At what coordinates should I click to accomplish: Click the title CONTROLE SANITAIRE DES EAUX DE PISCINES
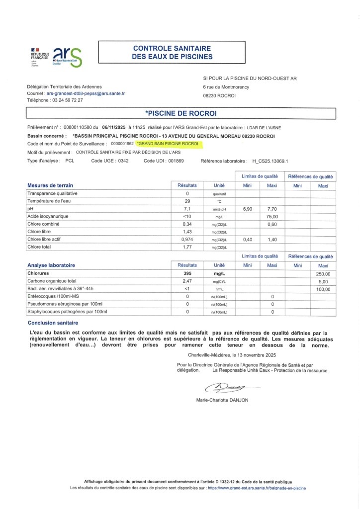[x=172, y=52]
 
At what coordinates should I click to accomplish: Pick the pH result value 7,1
[x=187, y=209]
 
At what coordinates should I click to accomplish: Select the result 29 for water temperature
[x=187, y=201]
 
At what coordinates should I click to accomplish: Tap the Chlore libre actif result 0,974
[x=187, y=239]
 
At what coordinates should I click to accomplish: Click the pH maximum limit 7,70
[x=272, y=209]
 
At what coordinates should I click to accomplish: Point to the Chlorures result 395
[x=187, y=273]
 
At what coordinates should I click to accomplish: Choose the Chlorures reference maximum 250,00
[x=323, y=273]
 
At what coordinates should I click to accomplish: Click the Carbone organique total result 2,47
[x=187, y=281]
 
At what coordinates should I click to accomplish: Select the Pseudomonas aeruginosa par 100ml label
[x=65, y=304]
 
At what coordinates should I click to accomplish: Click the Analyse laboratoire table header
[x=51, y=265]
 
